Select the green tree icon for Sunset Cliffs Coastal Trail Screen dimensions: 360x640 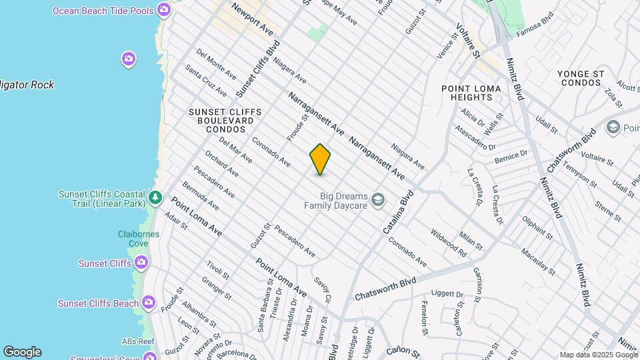coord(155,197)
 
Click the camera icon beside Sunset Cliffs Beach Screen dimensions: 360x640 coord(148,303)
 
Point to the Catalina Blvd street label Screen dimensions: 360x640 coord(398,212)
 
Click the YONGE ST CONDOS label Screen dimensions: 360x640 coord(582,77)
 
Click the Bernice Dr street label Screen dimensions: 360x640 coord(511,157)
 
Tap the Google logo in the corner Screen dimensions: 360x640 coord(22,351)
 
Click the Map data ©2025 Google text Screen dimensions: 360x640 coord(597,355)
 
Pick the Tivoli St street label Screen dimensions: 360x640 coord(217,270)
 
